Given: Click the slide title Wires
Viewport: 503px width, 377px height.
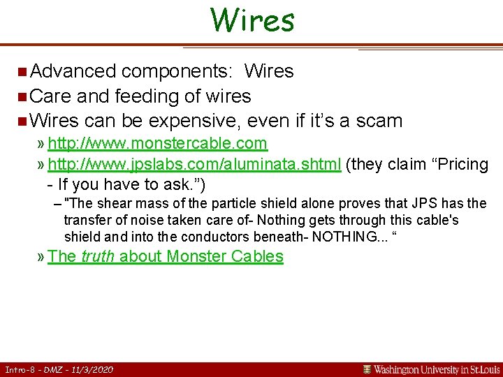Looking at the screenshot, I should click(x=252, y=20).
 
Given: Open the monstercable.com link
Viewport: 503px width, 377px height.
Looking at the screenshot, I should click(x=157, y=144).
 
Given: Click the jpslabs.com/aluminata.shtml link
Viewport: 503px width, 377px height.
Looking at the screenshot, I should click(x=194, y=165).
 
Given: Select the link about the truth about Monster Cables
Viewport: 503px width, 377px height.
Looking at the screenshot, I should click(x=166, y=256).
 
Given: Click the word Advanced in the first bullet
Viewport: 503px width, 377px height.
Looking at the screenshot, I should click(x=73, y=71).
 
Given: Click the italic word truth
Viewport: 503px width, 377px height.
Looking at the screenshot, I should click(x=98, y=256).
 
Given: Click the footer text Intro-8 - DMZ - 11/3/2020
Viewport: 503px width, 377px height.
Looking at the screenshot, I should click(x=59, y=369).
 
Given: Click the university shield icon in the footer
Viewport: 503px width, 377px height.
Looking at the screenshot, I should click(x=367, y=369).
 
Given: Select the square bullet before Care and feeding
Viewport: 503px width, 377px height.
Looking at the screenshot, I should click(x=23, y=96).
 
